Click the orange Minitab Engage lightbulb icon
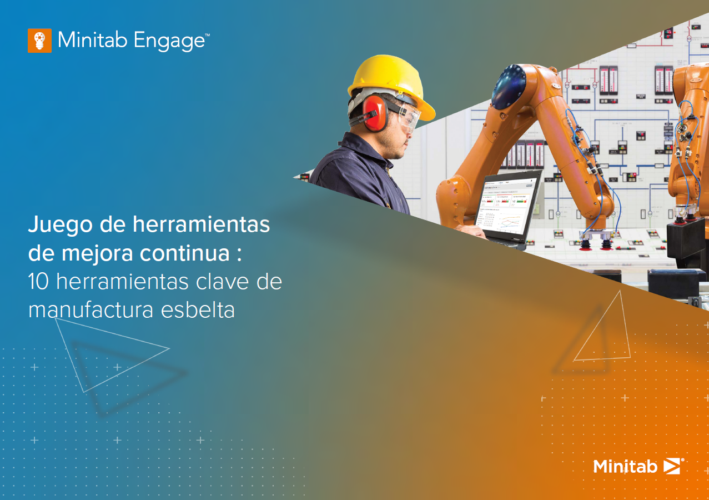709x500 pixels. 39,41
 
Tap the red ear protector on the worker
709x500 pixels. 374,113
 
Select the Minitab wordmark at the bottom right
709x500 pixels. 625,466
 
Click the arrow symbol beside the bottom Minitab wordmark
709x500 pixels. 672,466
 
